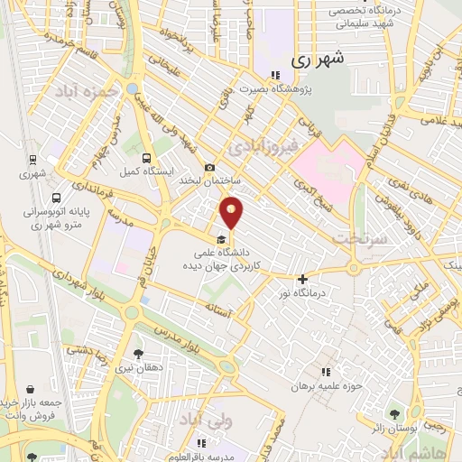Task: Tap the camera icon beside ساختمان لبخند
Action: coord(210,167)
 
